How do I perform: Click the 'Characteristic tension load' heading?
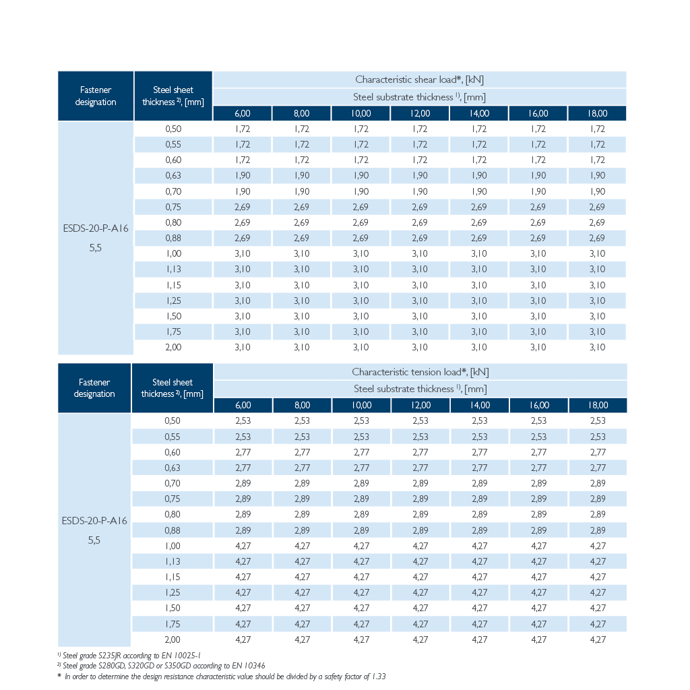coord(408,372)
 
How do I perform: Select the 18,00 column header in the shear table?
coord(597,113)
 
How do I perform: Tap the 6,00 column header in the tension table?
coord(243,405)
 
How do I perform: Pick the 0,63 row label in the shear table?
coord(173,176)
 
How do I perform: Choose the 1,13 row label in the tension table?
coord(172,561)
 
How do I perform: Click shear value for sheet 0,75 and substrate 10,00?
coord(360,207)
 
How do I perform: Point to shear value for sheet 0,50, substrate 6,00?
coord(243,129)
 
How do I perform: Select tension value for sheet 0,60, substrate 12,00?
coord(420,452)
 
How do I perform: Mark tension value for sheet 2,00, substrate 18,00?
coord(598,639)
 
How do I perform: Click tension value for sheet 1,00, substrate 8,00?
coord(302,546)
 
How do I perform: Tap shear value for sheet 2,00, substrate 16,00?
coord(538,347)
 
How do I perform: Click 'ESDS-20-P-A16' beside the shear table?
coord(96,228)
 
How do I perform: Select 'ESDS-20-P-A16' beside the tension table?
coord(94,521)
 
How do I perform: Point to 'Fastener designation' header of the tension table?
coord(94,387)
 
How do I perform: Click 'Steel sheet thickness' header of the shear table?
coord(173,96)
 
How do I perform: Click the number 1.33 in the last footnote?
coord(379,677)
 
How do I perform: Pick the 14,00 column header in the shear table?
coord(479,113)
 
